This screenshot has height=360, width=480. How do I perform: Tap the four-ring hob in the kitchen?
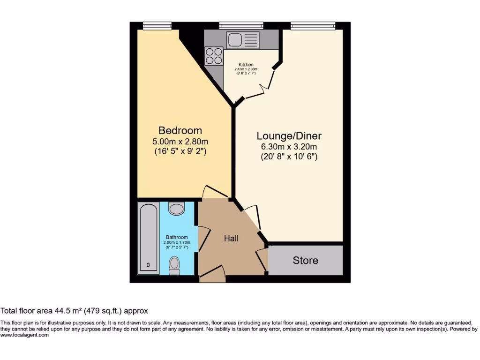pyautogui.click(x=214, y=56)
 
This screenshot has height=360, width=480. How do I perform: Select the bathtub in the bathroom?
pyautogui.click(x=149, y=238)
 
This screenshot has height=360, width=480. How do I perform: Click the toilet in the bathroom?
pyautogui.click(x=174, y=265)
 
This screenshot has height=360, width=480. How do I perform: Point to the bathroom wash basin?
pyautogui.click(x=177, y=208)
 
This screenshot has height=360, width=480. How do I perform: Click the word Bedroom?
pyautogui.click(x=180, y=130)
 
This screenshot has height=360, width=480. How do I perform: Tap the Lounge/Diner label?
pyautogui.click(x=289, y=136)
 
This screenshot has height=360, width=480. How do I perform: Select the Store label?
pyautogui.click(x=305, y=260)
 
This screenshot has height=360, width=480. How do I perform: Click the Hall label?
pyautogui.click(x=231, y=238)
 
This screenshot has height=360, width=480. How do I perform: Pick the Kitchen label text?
pyautogui.click(x=246, y=65)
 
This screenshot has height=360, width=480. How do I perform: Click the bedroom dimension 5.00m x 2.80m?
pyautogui.click(x=180, y=142)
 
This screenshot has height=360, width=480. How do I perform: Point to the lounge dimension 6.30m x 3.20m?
pyautogui.click(x=289, y=147)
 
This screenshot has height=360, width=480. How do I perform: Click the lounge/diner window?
pyautogui.click(x=313, y=25)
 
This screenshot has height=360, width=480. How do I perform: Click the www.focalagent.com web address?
pyautogui.click(x=24, y=335)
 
